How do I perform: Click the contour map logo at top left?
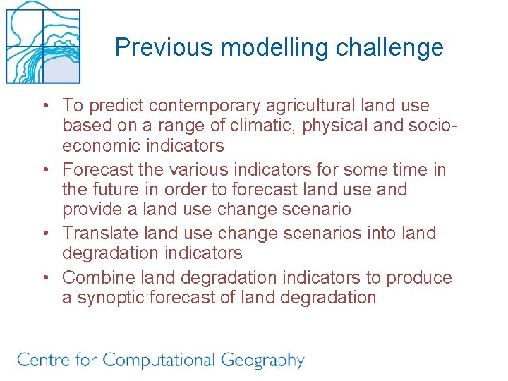[x=42, y=43]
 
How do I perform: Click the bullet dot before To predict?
[x=44, y=107]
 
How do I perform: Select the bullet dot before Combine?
[x=44, y=278]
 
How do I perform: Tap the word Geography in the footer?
[x=262, y=361]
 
